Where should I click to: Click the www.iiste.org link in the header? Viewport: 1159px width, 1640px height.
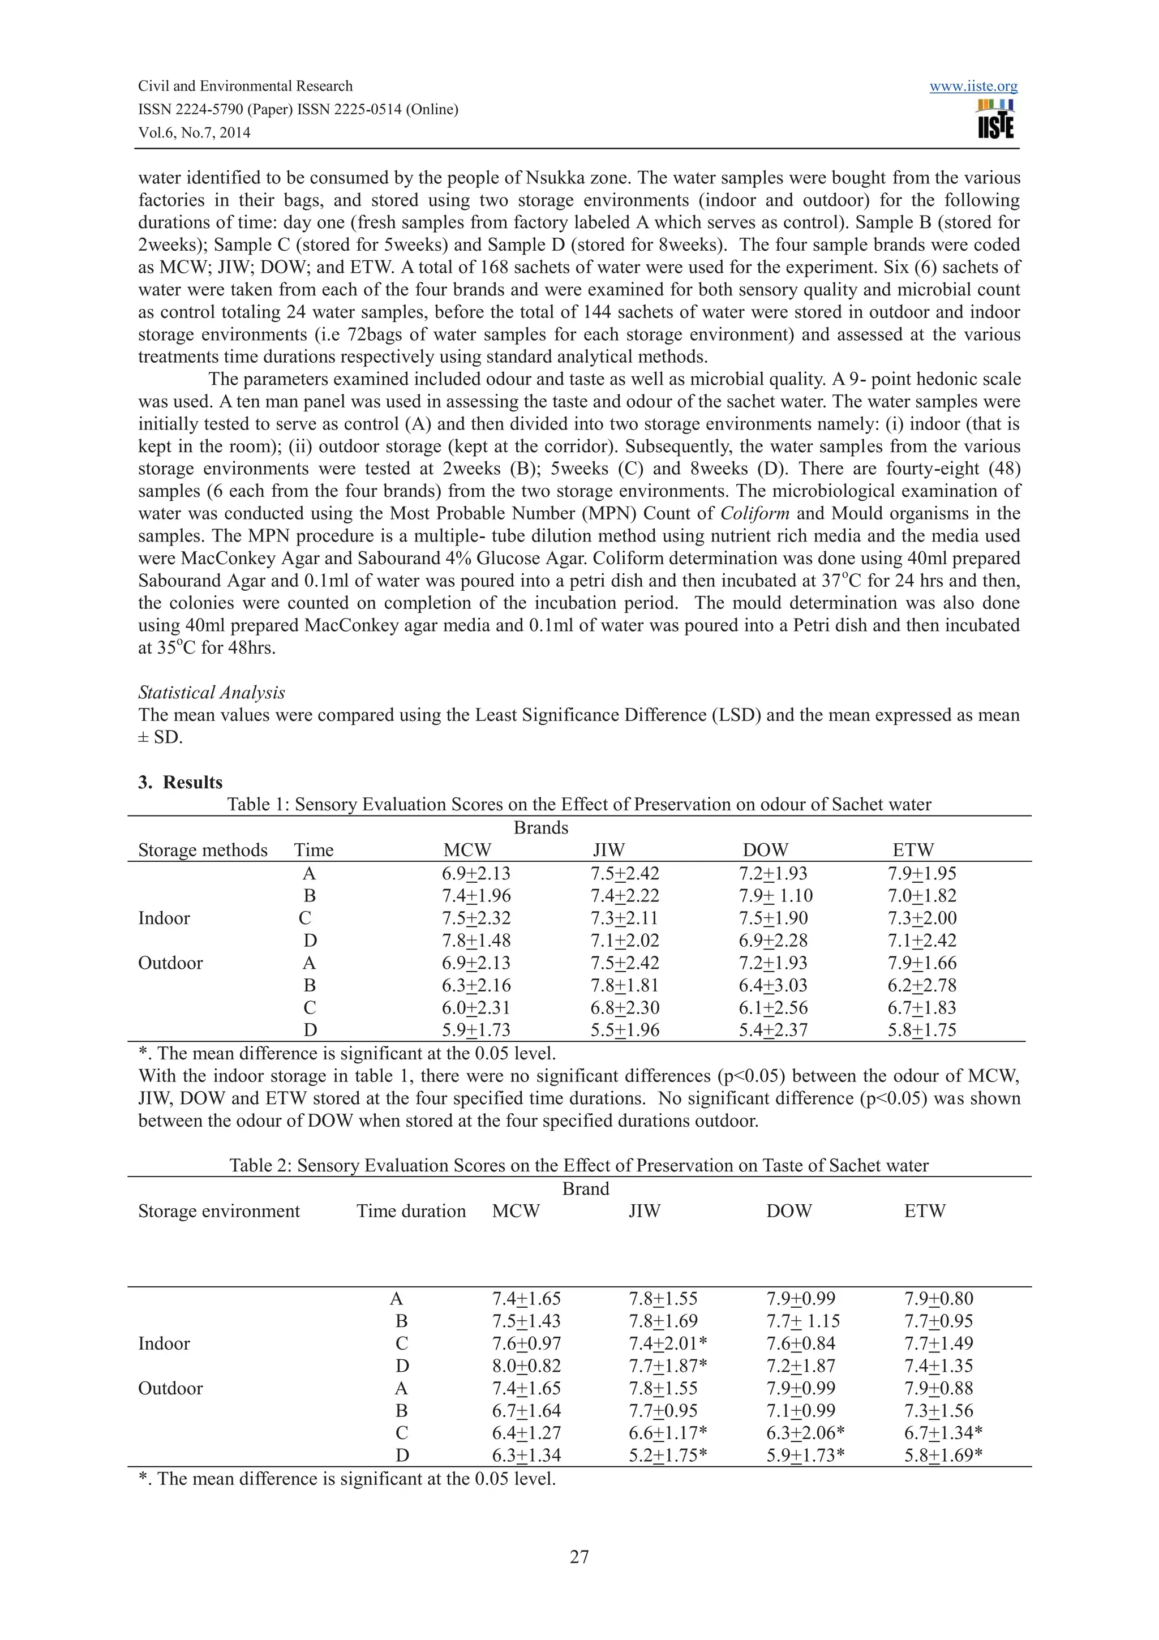tap(973, 87)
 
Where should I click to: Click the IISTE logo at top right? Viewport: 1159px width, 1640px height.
tap(995, 120)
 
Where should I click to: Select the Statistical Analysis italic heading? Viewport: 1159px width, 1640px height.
tap(212, 692)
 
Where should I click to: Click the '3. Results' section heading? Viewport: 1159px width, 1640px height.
tap(180, 782)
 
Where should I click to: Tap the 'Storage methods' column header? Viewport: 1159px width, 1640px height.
tap(203, 849)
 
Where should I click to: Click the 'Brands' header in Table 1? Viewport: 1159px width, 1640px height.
tap(540, 827)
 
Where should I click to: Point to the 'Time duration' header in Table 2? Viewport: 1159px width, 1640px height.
tap(411, 1210)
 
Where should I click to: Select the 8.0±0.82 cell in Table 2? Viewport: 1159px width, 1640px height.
tap(526, 1365)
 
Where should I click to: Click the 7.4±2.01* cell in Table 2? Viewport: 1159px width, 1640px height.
tap(668, 1343)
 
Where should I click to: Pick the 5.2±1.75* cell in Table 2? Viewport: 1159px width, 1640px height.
tap(668, 1455)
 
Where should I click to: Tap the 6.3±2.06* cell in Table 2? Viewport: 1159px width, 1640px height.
tap(805, 1432)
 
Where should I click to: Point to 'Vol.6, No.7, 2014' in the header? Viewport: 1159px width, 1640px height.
tap(194, 132)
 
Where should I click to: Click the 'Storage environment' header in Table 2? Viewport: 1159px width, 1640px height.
tap(218, 1210)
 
